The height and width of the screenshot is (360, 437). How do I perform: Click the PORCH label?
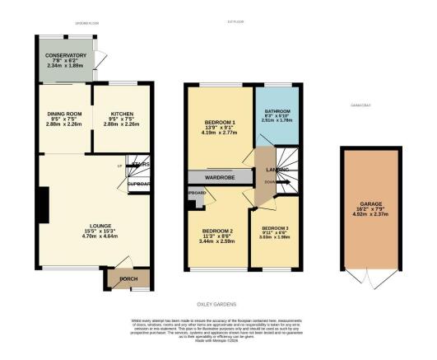coord(128,278)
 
